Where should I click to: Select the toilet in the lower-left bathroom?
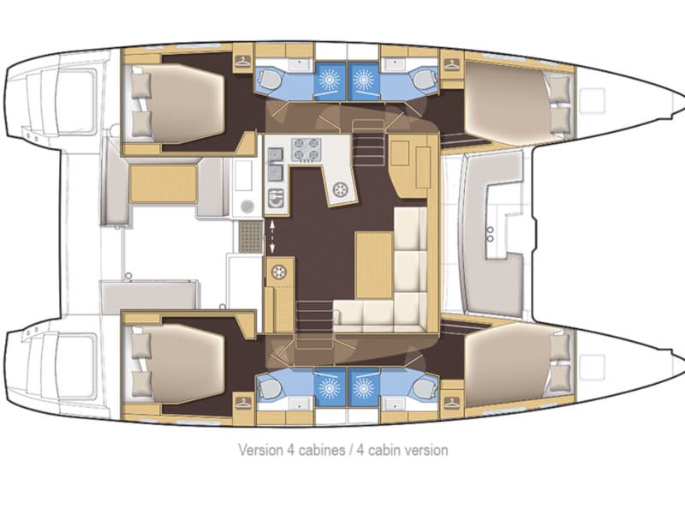coord(268,388)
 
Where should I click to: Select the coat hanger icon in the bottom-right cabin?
coord(451,401)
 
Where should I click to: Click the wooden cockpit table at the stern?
coord(163,183)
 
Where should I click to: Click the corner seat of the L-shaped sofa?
coord(412,312)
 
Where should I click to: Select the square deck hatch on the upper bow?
coord(591,100)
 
